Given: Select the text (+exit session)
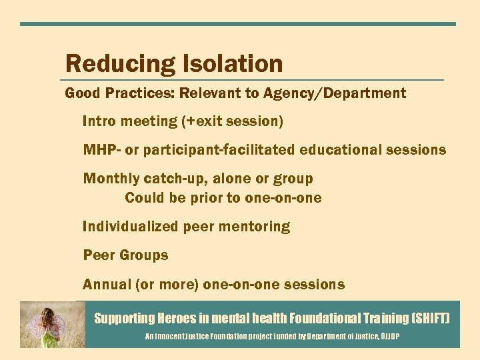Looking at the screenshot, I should pyautogui.click(x=237, y=121).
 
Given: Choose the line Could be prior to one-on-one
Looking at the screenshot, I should pyautogui.click(x=223, y=198).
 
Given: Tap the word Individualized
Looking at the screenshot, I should pyautogui.click(x=131, y=227).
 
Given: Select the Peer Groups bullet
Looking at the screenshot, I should pyautogui.click(x=125, y=255).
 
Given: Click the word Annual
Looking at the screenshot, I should pyautogui.click(x=107, y=285).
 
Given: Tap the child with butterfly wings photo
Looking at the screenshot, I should pyautogui.click(x=52, y=324).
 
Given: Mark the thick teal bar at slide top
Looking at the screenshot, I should pyautogui.click(x=238, y=24).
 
